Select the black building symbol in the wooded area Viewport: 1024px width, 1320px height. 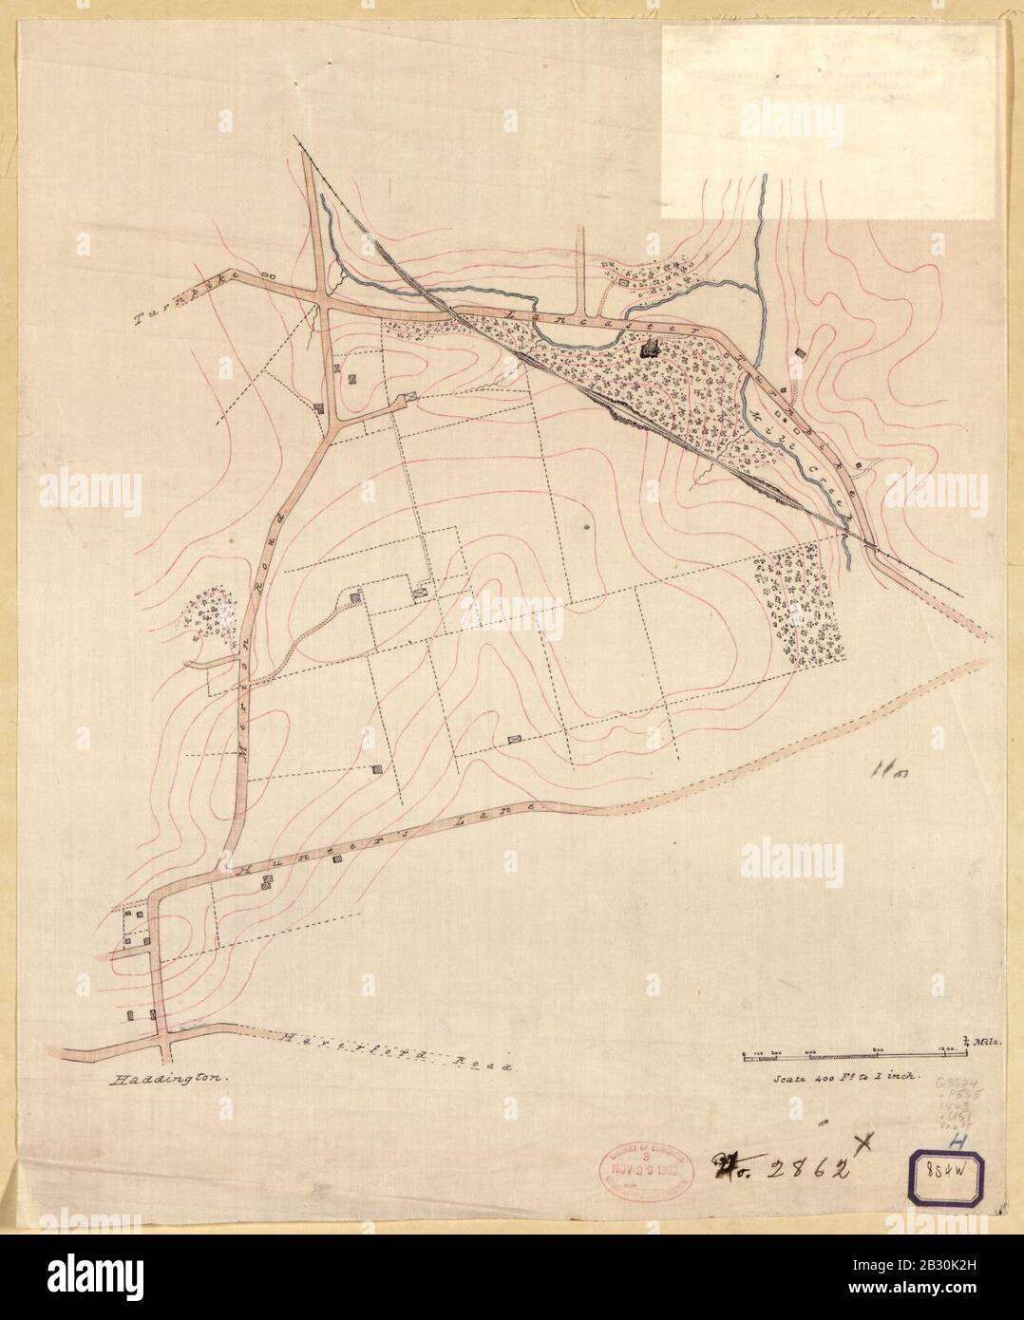click(x=651, y=349)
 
